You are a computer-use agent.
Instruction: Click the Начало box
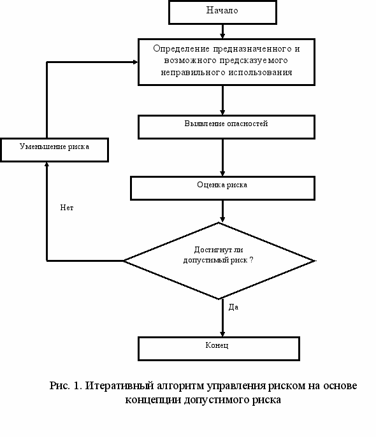point(222,12)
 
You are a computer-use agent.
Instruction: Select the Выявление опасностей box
point(226,127)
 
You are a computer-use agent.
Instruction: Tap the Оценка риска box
point(222,188)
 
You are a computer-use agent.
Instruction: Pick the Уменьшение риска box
point(54,150)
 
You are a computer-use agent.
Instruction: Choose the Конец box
point(219,348)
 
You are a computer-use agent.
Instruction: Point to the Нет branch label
point(67,208)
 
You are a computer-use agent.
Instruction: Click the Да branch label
point(233,307)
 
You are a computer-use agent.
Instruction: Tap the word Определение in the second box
point(181,49)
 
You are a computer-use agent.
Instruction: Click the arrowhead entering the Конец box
point(222,334)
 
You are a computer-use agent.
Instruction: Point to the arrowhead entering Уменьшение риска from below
point(47,164)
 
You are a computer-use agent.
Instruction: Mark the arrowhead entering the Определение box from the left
point(135,62)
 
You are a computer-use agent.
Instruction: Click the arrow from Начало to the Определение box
point(222,31)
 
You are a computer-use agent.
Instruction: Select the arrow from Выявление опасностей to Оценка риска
point(222,157)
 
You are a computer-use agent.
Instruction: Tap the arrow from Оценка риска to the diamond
point(222,211)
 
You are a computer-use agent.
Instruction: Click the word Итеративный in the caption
point(119,386)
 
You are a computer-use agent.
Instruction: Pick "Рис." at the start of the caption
point(59,386)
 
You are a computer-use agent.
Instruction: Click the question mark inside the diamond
point(251,260)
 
